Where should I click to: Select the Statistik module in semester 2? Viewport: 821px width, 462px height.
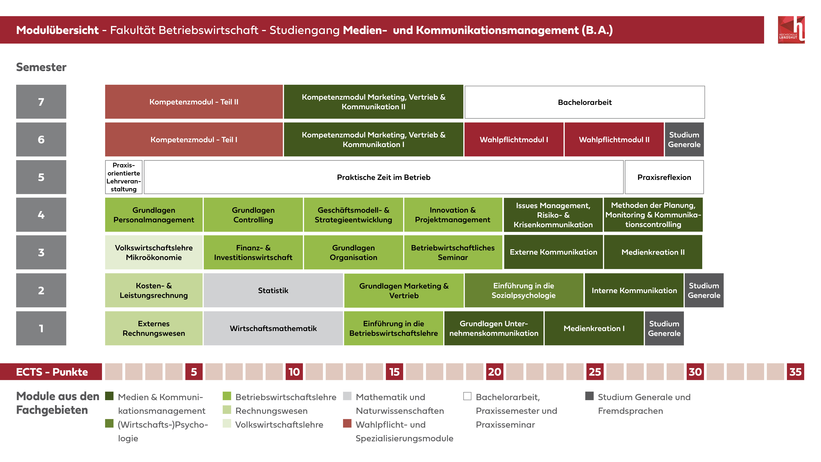click(x=273, y=290)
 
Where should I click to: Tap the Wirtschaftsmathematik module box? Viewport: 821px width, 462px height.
click(x=273, y=328)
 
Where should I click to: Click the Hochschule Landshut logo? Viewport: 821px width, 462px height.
click(x=791, y=30)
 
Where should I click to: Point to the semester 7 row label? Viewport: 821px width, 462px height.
click(x=41, y=102)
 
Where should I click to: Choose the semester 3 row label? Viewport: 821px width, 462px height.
click(x=41, y=252)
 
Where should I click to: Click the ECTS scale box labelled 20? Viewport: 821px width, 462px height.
click(x=495, y=372)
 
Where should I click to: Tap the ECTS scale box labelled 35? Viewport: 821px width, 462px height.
click(x=796, y=372)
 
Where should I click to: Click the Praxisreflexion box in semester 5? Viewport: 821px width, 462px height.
click(x=664, y=177)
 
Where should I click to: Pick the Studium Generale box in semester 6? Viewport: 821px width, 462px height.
click(x=684, y=139)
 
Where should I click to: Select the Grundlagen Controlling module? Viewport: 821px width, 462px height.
click(x=253, y=215)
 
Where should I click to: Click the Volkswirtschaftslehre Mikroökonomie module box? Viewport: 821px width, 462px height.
click(x=154, y=252)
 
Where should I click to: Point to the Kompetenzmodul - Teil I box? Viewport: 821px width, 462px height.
click(x=194, y=139)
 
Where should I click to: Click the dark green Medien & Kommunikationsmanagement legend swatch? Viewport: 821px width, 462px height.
click(x=109, y=396)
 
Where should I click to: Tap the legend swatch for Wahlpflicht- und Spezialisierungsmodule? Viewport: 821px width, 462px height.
click(x=347, y=423)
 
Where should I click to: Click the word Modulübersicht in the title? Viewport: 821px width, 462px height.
click(x=57, y=30)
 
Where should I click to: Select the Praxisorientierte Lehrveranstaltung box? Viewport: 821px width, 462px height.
click(x=124, y=177)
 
